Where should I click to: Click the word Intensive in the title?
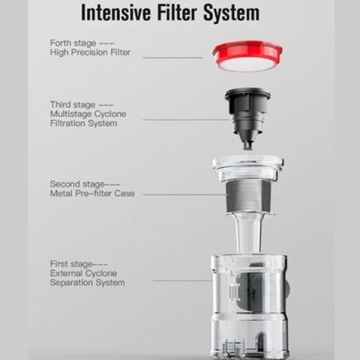(116, 13)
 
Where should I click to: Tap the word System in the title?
(232, 13)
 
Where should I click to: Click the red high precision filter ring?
(247, 55)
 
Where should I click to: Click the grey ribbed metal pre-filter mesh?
(247, 196)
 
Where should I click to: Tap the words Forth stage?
(73, 43)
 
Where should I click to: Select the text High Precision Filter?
(90, 52)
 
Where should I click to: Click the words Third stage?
(73, 105)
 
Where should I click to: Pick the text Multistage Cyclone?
(88, 114)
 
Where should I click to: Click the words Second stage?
(77, 184)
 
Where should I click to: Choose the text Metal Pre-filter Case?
(92, 193)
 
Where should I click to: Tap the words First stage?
(71, 264)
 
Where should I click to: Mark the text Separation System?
(88, 283)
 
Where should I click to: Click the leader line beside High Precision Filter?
(172, 58)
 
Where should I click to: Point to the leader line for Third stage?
(186, 119)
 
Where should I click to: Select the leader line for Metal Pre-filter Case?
(184, 194)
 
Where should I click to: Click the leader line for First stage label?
(182, 280)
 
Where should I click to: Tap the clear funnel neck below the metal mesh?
(248, 234)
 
